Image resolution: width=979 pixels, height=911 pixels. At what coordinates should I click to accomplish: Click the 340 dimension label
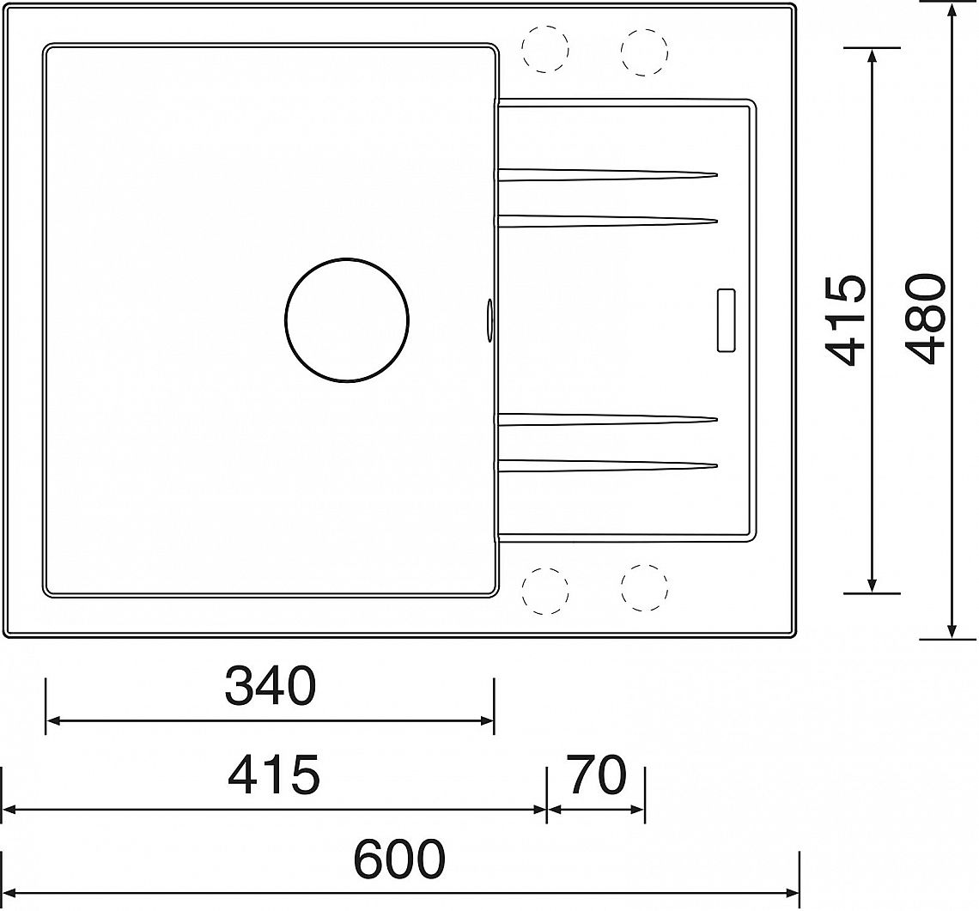271,685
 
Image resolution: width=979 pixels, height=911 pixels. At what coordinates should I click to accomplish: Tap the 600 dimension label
399,859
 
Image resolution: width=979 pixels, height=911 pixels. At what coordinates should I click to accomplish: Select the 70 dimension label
596,774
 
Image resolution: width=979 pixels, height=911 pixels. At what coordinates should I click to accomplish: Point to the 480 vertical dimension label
925,319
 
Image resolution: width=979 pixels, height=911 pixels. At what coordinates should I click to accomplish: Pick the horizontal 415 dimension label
273,774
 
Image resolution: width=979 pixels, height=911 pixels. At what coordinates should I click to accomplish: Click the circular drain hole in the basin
347,319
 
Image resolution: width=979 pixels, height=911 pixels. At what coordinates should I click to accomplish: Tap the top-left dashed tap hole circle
545,49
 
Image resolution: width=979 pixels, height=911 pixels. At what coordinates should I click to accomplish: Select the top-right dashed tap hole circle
644,52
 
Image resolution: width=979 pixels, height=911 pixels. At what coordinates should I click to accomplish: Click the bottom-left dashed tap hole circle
545,590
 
